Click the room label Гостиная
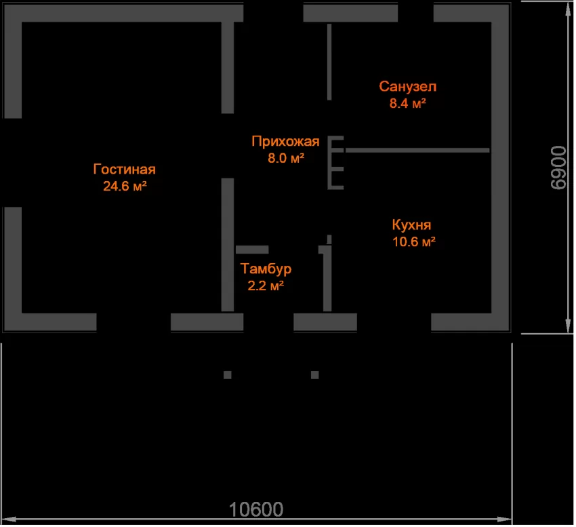point(125,169)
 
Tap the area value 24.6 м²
point(125,186)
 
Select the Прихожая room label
point(285,142)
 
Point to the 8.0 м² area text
point(286,158)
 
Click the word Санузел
point(408,87)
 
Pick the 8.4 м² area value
point(408,103)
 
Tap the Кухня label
point(411,225)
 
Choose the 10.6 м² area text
point(414,241)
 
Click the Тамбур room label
point(266,269)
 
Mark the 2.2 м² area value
point(266,286)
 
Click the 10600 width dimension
point(256,510)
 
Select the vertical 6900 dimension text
point(559,168)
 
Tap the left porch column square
point(228,375)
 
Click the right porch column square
point(315,375)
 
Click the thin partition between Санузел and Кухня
point(417,150)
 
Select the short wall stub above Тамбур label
point(252,250)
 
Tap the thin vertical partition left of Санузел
point(329,62)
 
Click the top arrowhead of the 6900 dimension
point(569,10)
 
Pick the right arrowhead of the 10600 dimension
point(504,520)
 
